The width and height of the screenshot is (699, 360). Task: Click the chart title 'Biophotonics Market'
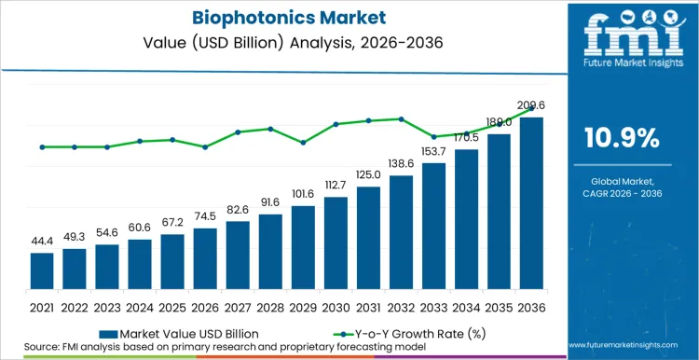pos(279,17)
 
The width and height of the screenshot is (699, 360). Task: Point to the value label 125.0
pos(368,175)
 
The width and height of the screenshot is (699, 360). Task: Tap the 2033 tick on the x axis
pos(433,306)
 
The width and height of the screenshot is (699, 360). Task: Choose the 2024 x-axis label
pos(139,306)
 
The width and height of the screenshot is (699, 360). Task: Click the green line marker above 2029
pos(303,143)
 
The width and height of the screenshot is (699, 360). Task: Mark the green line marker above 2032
pos(401,118)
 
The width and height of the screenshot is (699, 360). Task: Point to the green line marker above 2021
pos(41,146)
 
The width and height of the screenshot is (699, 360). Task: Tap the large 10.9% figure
pos(622,138)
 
